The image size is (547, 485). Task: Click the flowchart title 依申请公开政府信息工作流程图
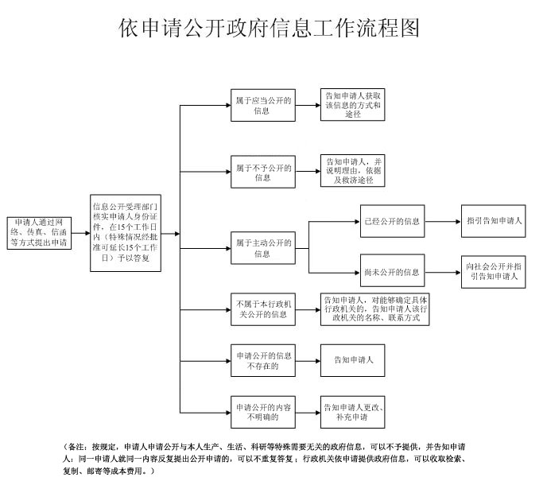point(269,29)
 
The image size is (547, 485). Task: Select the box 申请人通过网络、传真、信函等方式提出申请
point(40,231)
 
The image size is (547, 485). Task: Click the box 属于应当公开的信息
point(262,105)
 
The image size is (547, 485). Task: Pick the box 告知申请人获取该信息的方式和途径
point(353,105)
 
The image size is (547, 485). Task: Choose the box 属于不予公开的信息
point(262,172)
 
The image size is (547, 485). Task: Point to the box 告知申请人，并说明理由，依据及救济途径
point(353,171)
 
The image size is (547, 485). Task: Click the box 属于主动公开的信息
point(262,247)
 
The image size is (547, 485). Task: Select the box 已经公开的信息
point(391,221)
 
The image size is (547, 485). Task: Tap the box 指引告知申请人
point(494,221)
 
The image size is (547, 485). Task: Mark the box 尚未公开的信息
point(391,272)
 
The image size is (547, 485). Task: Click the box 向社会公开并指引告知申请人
point(494,272)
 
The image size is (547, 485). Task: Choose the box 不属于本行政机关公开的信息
point(262,308)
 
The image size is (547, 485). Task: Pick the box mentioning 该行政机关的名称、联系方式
point(375,309)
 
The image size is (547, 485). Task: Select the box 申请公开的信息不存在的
point(262,359)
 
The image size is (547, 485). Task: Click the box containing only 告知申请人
point(353,359)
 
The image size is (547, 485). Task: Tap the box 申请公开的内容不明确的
point(262,411)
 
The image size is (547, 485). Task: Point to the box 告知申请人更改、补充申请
point(353,411)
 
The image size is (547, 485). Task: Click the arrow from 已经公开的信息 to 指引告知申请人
point(442,221)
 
